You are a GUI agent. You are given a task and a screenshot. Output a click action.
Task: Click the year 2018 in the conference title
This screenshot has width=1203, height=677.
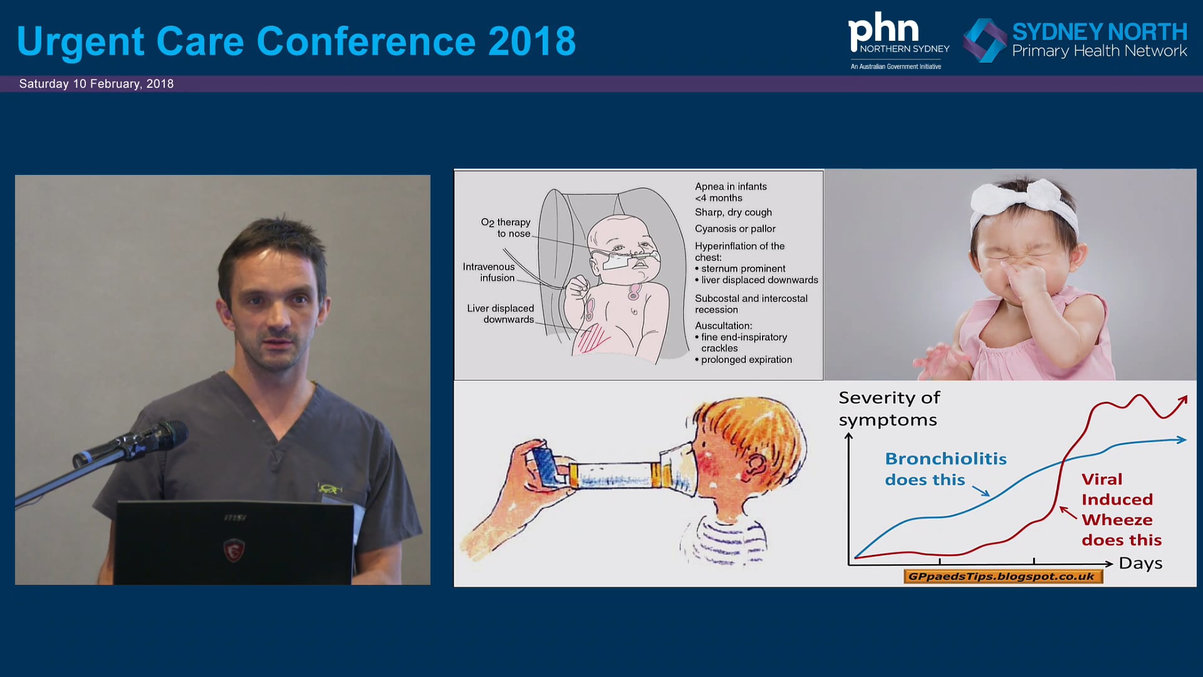pos(531,41)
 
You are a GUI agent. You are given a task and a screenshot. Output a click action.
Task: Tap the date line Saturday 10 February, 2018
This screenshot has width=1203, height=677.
pos(96,84)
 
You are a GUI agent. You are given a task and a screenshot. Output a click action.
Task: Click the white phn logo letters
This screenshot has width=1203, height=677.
pos(883,29)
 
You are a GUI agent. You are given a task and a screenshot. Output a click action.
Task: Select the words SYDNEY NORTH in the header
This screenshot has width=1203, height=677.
pos(1099,32)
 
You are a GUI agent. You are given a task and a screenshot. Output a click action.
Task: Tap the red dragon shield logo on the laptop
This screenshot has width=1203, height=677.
pos(234,550)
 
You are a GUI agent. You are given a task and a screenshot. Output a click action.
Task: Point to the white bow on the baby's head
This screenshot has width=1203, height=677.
pos(1024,201)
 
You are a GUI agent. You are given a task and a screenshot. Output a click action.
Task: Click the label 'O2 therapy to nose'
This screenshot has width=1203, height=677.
pos(506,228)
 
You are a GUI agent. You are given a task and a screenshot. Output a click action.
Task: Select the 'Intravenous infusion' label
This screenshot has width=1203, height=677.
pos(489,272)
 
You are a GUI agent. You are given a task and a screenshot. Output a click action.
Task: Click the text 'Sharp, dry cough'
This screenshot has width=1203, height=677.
pos(733,213)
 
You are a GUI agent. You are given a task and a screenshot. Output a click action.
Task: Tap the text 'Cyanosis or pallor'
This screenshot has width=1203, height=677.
pos(735,229)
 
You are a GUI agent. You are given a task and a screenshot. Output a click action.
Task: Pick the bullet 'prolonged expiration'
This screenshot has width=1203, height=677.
pos(746,360)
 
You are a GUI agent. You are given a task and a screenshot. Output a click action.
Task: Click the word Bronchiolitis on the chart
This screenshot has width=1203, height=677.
pos(945,459)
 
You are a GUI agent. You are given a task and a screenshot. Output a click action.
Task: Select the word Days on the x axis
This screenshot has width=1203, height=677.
pos(1140,564)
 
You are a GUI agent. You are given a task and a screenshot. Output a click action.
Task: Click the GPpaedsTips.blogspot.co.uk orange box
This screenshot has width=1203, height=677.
pos(1002,577)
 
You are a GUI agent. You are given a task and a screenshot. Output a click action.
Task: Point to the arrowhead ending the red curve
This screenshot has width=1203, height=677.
pos(1183,399)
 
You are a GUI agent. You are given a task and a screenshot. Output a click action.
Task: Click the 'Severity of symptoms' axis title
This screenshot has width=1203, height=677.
pos(888,409)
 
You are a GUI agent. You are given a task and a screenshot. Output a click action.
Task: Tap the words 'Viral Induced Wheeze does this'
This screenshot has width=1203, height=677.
pos(1121,509)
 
